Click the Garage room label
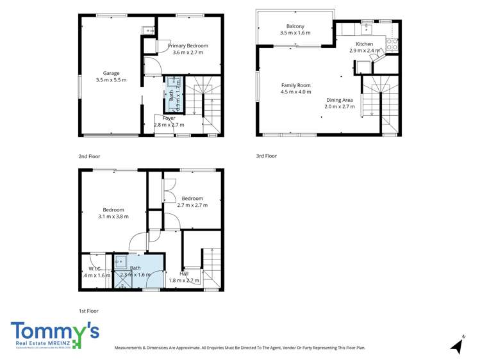[x=111, y=73]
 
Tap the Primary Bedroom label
[x=188, y=46]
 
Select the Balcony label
[x=295, y=26]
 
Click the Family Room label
[x=295, y=85]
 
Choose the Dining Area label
[x=339, y=100]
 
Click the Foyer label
[x=169, y=119]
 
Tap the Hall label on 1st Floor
[x=184, y=274]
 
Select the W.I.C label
[x=95, y=268]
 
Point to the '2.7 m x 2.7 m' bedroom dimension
[x=192, y=205]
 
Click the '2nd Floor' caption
[x=89, y=156]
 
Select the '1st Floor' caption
[x=88, y=311]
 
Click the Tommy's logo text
[x=54, y=332]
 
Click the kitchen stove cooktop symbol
[x=392, y=45]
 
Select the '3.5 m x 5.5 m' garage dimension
[x=111, y=80]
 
